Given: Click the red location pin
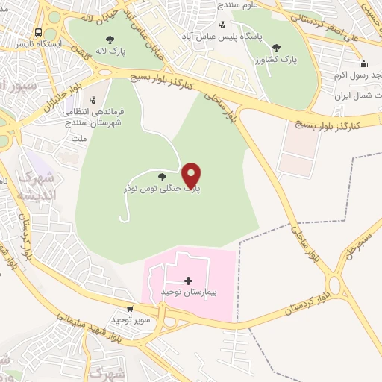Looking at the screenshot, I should [x=192, y=175].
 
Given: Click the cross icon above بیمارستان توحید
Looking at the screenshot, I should [x=188, y=281].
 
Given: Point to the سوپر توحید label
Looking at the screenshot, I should [x=131, y=319].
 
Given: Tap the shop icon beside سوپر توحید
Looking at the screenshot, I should [x=131, y=308].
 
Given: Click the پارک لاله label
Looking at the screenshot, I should [x=110, y=52].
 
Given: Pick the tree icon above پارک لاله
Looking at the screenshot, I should [x=110, y=40].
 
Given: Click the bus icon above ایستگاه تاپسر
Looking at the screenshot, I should [x=37, y=32].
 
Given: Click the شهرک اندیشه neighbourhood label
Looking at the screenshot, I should [x=34, y=186].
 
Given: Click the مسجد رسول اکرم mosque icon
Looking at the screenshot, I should [x=363, y=63].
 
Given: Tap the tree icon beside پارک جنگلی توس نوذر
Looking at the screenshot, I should [x=162, y=177].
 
